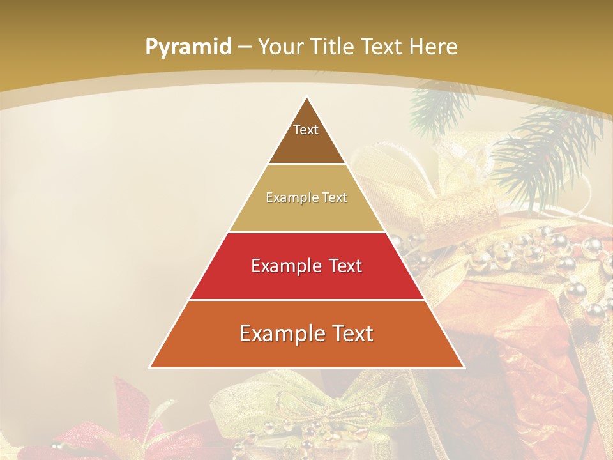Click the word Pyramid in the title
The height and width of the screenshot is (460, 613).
[x=188, y=47]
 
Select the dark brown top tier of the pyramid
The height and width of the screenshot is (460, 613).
[x=306, y=144]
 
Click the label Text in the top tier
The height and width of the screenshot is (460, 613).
[x=306, y=130]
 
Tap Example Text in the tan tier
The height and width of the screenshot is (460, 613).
[x=306, y=197]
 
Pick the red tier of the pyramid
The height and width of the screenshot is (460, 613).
[x=306, y=281]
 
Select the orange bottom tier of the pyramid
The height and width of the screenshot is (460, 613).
[x=306, y=351]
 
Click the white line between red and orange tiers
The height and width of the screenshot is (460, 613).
[x=306, y=300]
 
